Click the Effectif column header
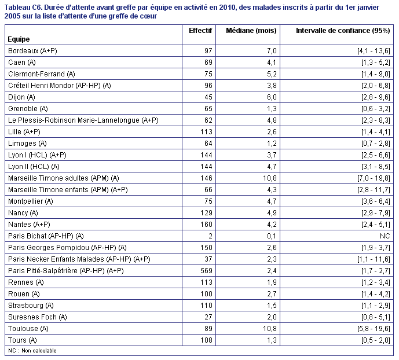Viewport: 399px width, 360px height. coord(200,31)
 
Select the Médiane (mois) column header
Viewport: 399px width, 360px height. coord(251,31)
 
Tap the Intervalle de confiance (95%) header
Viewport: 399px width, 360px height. coord(343,31)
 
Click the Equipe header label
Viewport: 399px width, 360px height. coord(19,39)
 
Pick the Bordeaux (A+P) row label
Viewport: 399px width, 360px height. coord(32,51)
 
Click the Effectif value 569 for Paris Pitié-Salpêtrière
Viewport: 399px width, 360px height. coord(206,270)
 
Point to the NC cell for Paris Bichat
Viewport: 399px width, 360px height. coord(385,236)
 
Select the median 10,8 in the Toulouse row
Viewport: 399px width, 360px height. coord(270,329)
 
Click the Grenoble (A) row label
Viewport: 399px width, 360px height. coord(28,109)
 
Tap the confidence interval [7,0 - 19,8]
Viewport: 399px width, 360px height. coord(374,178)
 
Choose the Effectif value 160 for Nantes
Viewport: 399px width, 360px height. coord(206,224)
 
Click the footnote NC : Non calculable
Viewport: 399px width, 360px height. coord(32,351)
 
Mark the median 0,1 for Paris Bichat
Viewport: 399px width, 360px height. coord(272,236)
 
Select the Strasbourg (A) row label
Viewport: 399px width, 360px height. coord(31,306)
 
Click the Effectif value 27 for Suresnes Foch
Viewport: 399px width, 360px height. coord(208,317)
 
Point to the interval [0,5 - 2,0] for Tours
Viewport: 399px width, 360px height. coord(376,340)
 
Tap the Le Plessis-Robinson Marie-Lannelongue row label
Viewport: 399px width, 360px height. coord(83,120)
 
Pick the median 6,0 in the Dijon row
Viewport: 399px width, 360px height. coord(272,97)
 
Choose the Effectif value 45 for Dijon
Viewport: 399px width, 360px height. coord(208,97)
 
